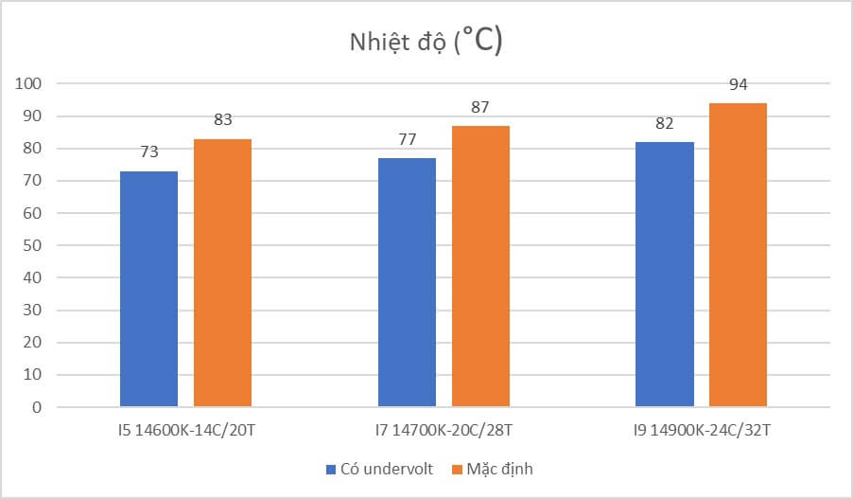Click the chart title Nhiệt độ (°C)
coord(426,43)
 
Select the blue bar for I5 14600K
coord(148,289)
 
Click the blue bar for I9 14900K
coord(665,275)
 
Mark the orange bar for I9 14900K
coord(738,255)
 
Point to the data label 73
coord(148,151)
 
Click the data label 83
coord(222,119)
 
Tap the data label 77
coord(407,139)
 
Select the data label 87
coord(480,107)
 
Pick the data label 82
coord(665,123)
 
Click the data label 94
coord(738,84)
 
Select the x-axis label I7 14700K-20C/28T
coord(444,431)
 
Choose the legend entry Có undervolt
coord(379,469)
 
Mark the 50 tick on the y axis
coord(32,246)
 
